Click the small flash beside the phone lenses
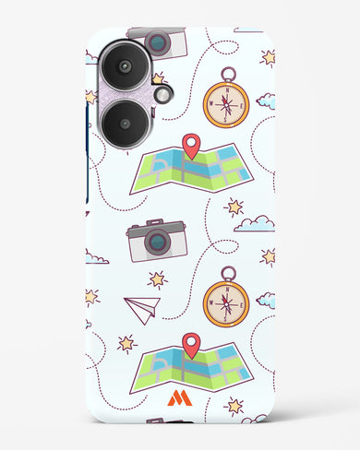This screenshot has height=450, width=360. [163, 94]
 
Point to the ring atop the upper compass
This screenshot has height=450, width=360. [227, 70]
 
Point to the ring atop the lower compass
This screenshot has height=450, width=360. [227, 273]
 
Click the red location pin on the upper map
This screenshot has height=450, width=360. [190, 144]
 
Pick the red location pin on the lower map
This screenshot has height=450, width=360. [191, 345]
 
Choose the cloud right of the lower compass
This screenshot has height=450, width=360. [266, 299]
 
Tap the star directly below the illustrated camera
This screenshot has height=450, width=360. [158, 278]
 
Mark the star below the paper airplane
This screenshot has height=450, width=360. [126, 344]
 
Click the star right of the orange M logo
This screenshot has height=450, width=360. [234, 405]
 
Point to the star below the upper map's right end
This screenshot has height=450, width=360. [235, 206]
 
